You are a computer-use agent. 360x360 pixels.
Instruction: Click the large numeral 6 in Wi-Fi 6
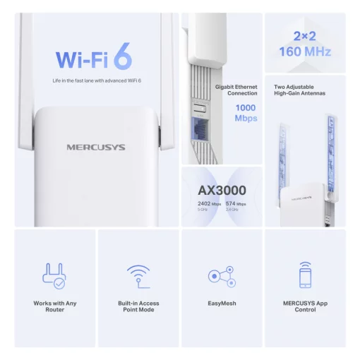pyautogui.click(x=121, y=59)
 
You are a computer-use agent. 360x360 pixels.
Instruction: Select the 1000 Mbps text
pyautogui.click(x=246, y=113)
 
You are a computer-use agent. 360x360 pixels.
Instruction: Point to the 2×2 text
pyautogui.click(x=306, y=35)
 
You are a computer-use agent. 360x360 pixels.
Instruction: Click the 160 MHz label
pyautogui.click(x=306, y=52)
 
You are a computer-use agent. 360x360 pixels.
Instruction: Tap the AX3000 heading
pyautogui.click(x=221, y=191)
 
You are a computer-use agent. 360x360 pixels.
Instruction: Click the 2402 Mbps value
pyautogui.click(x=208, y=204)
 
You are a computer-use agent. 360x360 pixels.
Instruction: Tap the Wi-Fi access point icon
pyautogui.click(x=138, y=275)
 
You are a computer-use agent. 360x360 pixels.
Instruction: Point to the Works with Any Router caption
pyautogui.click(x=54, y=306)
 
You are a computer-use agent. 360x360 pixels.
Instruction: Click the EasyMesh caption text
pyautogui.click(x=222, y=304)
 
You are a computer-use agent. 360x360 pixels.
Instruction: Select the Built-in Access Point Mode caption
pyautogui.click(x=138, y=306)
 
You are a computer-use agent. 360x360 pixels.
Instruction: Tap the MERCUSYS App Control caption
pyautogui.click(x=305, y=306)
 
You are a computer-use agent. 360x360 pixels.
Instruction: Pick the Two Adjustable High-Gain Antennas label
pyautogui.click(x=305, y=90)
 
